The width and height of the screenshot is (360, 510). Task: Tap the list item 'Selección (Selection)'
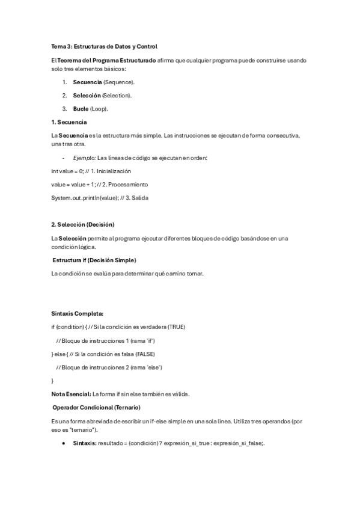(x=102, y=95)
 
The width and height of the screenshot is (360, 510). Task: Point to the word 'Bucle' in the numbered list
(x=81, y=109)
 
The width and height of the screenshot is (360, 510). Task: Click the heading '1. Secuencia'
(x=69, y=121)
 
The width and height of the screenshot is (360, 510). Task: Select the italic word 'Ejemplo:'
(x=84, y=158)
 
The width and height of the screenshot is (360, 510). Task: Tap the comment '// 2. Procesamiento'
(x=124, y=184)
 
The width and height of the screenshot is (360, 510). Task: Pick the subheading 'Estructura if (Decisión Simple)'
(x=94, y=260)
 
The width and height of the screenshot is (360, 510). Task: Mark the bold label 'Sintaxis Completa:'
(x=77, y=313)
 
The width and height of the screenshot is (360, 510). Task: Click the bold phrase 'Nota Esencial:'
(x=71, y=395)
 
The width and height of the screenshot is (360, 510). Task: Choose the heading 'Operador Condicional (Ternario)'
(x=99, y=408)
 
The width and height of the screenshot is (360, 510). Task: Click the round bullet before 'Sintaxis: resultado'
(x=64, y=443)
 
